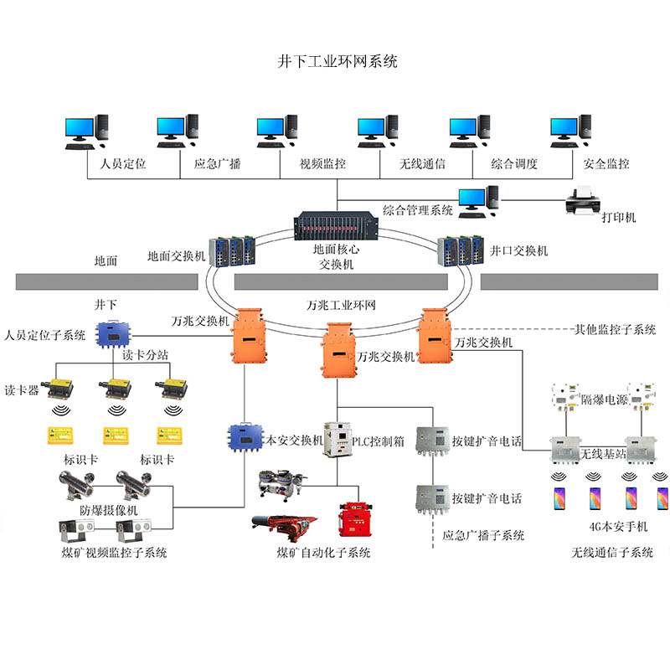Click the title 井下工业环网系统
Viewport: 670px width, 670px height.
337,61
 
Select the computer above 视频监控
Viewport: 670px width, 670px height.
277,131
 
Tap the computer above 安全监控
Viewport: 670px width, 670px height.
570,131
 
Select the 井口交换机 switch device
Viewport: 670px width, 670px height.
460,249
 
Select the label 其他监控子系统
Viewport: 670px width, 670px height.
615,329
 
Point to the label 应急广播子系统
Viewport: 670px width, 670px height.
483,535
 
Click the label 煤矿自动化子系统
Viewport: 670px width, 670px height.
323,553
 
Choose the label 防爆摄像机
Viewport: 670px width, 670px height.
109,509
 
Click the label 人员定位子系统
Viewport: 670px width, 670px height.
44,336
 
